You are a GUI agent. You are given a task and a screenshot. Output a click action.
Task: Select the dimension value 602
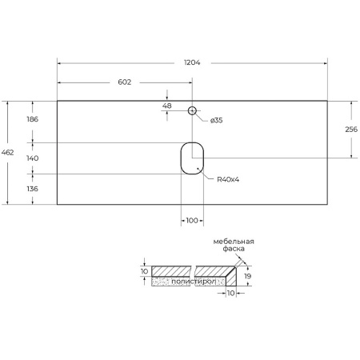[x=124, y=82]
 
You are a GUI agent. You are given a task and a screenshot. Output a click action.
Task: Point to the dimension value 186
[x=33, y=119]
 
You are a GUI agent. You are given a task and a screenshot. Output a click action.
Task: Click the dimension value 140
[x=33, y=158]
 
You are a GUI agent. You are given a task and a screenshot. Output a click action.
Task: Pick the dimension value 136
[x=33, y=189]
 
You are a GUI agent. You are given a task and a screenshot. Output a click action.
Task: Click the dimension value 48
[x=167, y=106]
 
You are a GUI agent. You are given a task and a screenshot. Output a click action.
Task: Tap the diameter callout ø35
[x=216, y=120]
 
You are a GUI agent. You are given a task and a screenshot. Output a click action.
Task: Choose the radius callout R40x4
[x=228, y=179]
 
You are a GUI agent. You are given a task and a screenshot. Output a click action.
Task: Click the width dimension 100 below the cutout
[x=192, y=220]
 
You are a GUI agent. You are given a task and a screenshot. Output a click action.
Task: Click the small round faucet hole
[x=192, y=110]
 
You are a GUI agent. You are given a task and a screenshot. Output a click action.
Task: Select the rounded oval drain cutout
[x=192, y=158]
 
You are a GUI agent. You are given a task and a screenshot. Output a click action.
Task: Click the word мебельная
[x=233, y=242]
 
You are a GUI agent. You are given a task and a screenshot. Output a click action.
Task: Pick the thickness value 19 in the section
[x=248, y=276]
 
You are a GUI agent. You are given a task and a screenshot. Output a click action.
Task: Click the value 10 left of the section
[x=144, y=272]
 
